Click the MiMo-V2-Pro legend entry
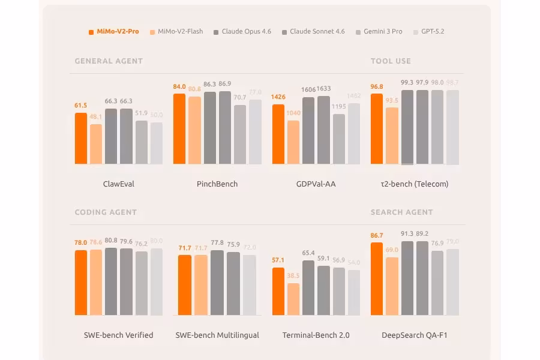point(114,31)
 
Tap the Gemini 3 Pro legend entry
point(379,31)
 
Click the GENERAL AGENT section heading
point(109,61)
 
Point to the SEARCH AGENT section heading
point(401,212)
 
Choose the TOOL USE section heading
point(391,61)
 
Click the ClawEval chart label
point(119,184)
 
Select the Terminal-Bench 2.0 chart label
point(316,335)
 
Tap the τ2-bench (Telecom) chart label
point(415,184)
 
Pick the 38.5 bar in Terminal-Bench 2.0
point(293,299)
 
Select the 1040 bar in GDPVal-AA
point(293,142)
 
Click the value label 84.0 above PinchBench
point(179,87)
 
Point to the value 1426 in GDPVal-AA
point(278,97)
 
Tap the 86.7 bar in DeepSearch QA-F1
point(377,279)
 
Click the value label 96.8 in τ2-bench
point(377,87)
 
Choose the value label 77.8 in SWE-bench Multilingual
point(217,243)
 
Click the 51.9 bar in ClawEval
point(141,142)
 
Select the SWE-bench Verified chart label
point(119,335)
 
